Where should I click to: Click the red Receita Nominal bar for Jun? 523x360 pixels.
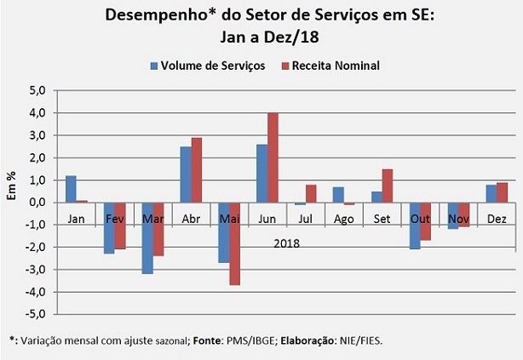tap(273, 157)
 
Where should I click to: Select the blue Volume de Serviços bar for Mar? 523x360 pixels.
tap(147, 238)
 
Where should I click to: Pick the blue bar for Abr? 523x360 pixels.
tap(185, 174)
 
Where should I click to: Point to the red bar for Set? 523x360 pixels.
tap(388, 186)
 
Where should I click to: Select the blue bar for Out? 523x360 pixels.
tap(415, 226)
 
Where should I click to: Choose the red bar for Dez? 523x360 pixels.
tap(503, 192)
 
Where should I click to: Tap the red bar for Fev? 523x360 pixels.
tap(119, 226)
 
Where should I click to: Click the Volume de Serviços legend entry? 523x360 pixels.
tap(207, 66)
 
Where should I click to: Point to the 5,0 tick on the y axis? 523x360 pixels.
tap(37, 90)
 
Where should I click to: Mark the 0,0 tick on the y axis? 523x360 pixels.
tap(37, 203)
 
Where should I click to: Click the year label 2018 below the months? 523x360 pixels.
tap(286, 243)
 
